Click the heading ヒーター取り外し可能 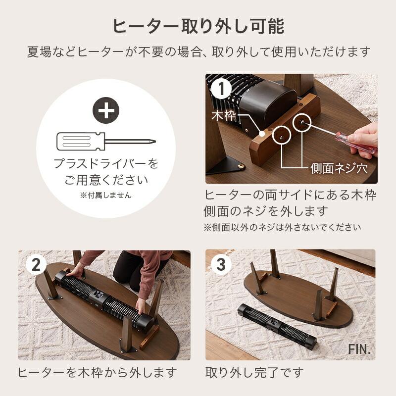pos(198,26)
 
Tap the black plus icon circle pos(106,111)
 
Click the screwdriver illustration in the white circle pos(106,142)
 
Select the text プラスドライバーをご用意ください pos(106,171)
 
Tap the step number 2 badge pos(35,265)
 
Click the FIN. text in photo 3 pos(358,348)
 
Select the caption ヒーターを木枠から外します pos(98,372)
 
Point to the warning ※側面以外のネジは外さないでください pos(283,228)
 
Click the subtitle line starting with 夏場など pos(198,51)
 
